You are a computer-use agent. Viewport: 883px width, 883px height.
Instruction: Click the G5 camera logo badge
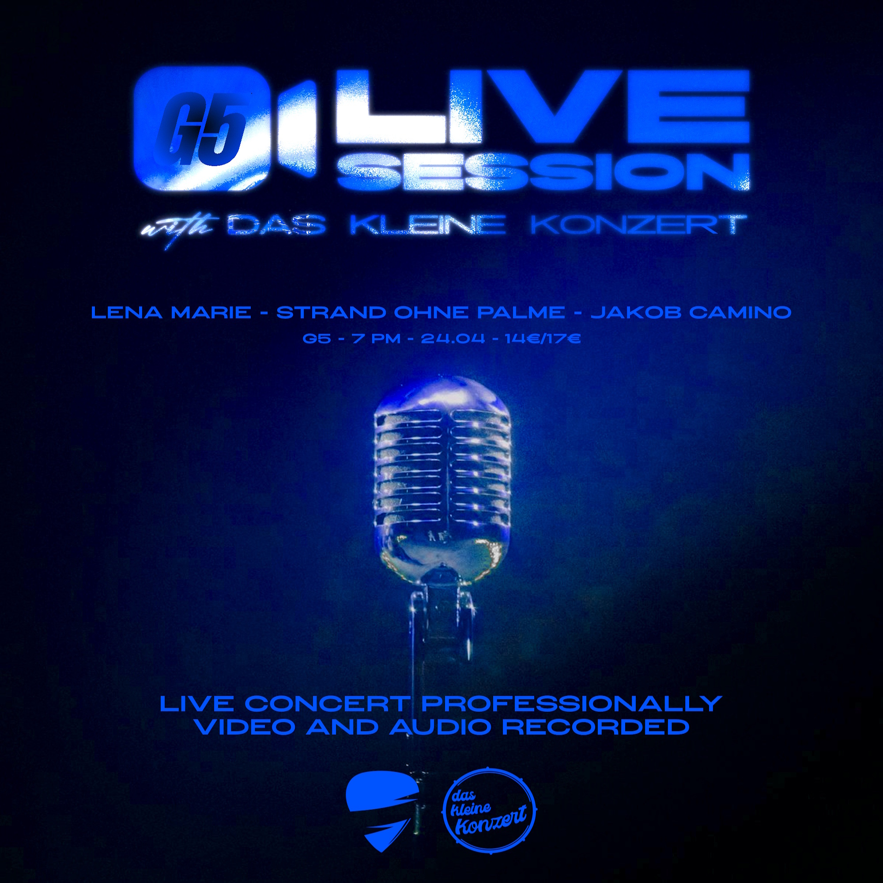224,128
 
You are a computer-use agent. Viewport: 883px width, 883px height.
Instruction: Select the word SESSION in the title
543,171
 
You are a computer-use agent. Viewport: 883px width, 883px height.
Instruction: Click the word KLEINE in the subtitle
427,225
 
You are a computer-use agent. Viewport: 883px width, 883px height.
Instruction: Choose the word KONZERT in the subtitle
638,225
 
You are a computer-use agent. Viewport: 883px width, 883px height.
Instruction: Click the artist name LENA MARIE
171,313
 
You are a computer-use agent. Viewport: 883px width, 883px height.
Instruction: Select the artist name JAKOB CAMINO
691,313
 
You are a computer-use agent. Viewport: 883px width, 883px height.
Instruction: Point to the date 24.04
453,339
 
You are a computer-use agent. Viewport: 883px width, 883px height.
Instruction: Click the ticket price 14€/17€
543,339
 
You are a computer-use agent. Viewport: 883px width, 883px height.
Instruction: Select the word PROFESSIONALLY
572,704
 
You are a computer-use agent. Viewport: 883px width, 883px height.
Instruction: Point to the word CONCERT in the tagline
326,704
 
